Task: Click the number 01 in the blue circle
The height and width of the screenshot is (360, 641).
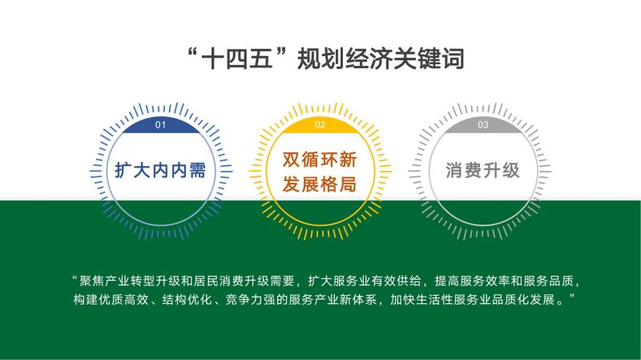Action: (160, 125)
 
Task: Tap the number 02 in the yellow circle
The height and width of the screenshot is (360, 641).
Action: (320, 125)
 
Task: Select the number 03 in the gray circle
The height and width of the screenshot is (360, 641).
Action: (483, 125)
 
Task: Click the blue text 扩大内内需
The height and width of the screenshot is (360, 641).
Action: (160, 170)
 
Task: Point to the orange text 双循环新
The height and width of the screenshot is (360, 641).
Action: (320, 159)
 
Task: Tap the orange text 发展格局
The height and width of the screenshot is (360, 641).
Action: (320, 184)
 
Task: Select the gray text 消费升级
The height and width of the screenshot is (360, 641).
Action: (483, 170)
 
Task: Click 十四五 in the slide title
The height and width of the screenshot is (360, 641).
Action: (237, 59)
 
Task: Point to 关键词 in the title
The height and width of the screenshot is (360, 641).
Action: (429, 59)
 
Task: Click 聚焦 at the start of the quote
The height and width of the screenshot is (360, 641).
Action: (92, 281)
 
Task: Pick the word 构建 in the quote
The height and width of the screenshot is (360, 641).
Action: (86, 299)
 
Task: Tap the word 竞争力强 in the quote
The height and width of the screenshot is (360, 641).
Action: (251, 299)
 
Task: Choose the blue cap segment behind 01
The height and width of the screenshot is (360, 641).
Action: (161, 126)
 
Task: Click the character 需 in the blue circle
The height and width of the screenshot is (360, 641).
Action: (197, 170)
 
